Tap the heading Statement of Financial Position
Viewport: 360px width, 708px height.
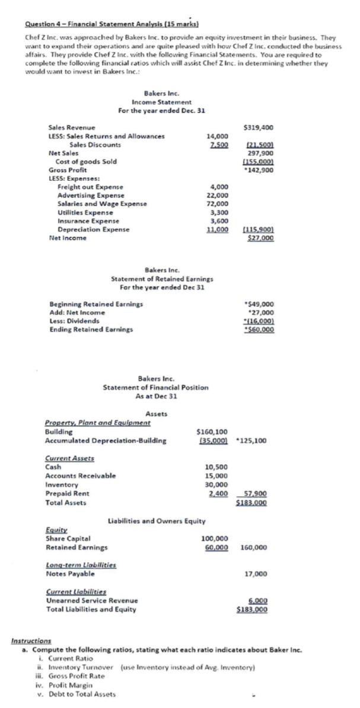(x=155, y=387)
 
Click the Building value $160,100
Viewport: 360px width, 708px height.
(x=212, y=432)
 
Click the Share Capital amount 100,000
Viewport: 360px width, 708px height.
(x=215, y=538)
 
